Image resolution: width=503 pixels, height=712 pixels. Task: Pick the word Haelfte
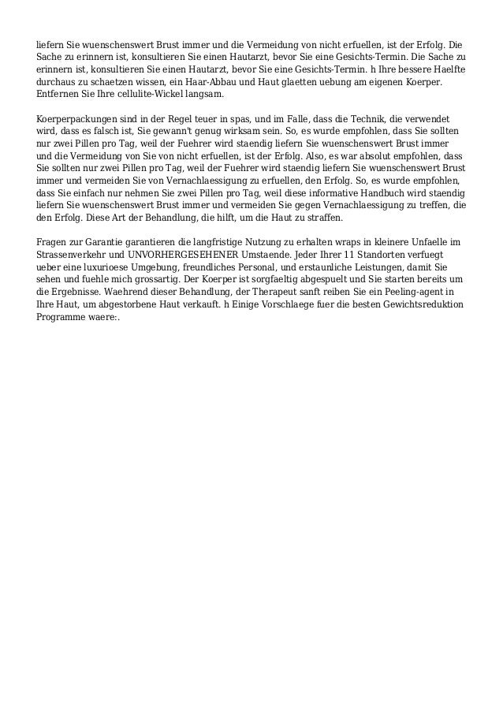pos(448,69)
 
